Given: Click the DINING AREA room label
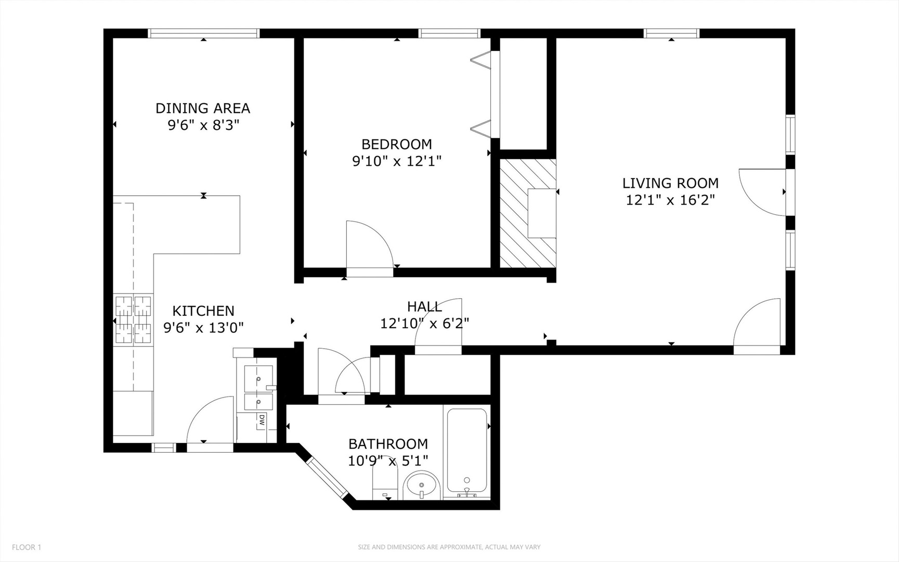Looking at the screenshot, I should point(203,108).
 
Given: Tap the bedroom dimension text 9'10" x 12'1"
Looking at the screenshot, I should point(397,161).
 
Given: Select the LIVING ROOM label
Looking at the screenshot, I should point(670,183).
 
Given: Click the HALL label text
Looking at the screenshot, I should point(424,306).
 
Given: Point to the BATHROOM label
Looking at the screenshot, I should point(388,444).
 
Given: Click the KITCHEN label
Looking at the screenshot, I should point(203,311).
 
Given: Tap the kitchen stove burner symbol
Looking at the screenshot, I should point(133,320).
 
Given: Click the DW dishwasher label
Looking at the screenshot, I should point(262,419).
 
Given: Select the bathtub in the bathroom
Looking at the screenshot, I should point(467,451).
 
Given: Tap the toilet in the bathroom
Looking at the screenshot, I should point(385,481).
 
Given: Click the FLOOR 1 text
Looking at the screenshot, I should point(27,547).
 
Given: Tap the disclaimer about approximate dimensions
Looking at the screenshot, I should point(449,547).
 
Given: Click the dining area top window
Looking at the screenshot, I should point(203,33).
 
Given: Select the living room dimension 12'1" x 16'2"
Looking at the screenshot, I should point(670,200).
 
